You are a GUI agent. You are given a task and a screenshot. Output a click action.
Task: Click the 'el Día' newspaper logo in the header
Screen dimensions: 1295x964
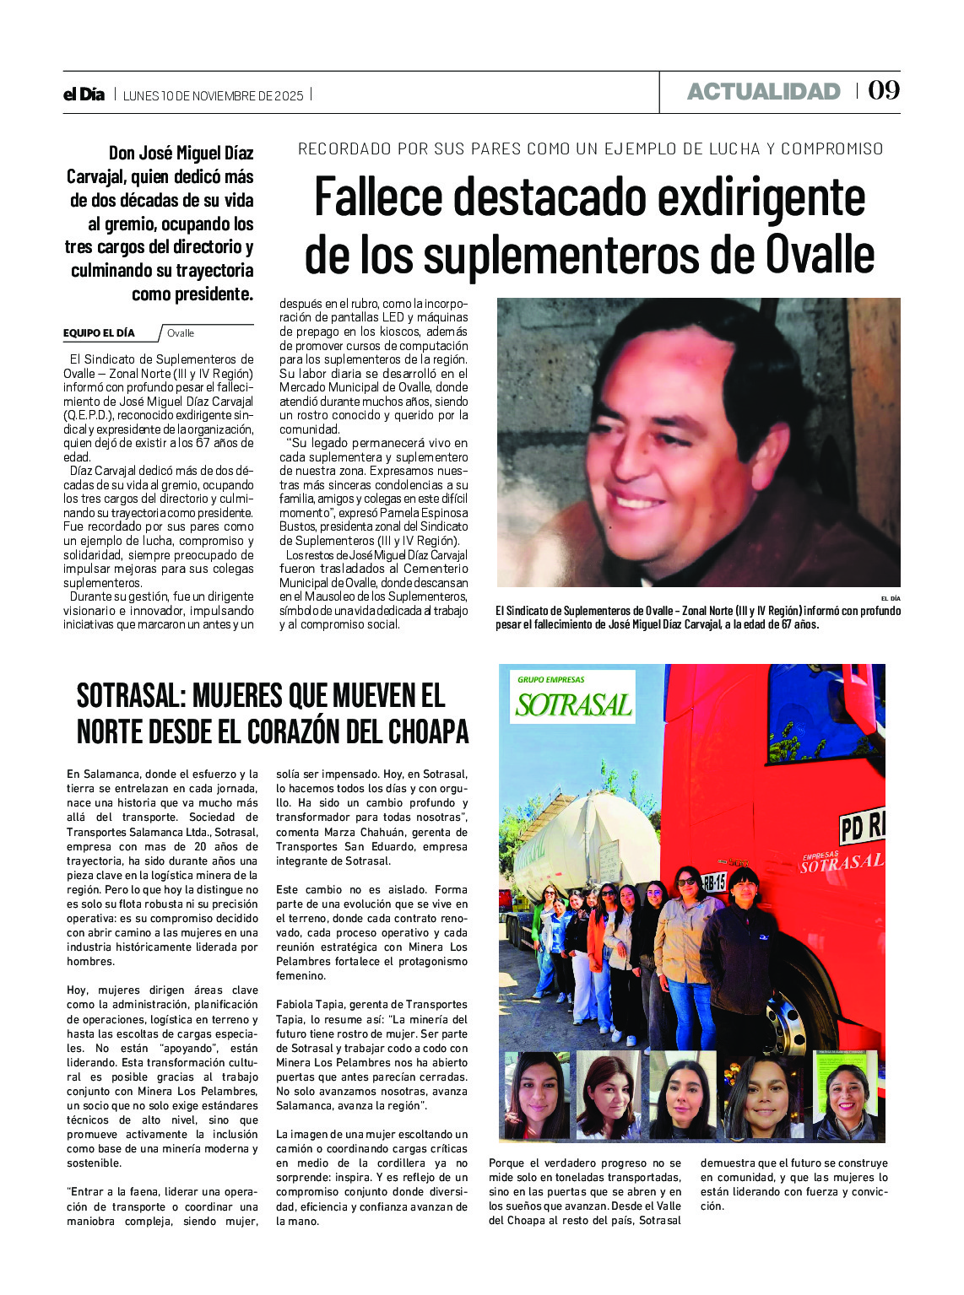[x=84, y=94]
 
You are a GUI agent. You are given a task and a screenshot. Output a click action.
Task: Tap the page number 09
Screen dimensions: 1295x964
[x=884, y=90]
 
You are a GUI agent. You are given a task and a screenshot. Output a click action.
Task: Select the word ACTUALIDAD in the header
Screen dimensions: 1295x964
[x=763, y=91]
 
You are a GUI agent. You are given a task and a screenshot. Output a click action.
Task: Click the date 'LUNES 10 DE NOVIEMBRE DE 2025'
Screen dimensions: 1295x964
[x=213, y=95]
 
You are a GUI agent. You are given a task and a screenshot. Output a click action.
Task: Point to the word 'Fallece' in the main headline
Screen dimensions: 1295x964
[x=378, y=197]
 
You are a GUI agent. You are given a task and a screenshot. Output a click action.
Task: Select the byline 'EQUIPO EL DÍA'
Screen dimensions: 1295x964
[x=99, y=333]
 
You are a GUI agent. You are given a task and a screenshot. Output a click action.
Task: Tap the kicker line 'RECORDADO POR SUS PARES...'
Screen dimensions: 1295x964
[x=590, y=149]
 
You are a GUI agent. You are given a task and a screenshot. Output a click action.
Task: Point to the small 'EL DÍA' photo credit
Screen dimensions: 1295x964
[x=890, y=598]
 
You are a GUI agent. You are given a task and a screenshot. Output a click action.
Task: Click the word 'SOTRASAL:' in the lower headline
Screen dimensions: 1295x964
[x=131, y=696]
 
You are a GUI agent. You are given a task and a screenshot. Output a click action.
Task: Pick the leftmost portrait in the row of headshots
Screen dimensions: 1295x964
[x=536, y=1094]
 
